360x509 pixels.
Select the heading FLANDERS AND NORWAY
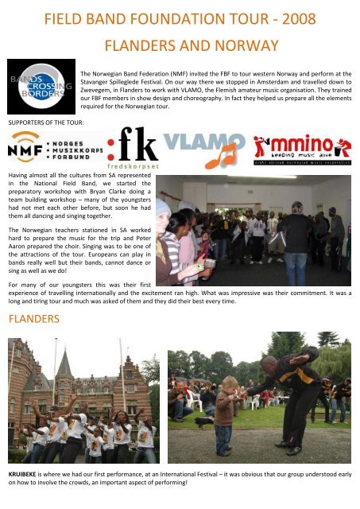click(191, 45)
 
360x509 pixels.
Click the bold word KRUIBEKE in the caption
click(24, 473)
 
